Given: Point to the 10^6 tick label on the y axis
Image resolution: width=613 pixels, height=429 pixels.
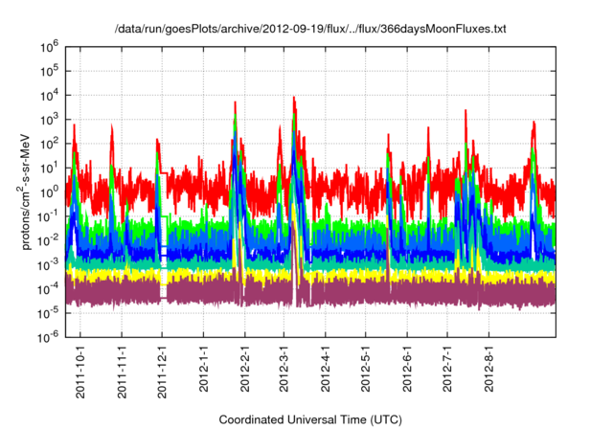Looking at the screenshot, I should tap(50, 45).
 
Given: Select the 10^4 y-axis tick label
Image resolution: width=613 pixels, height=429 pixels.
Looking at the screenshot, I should tap(50, 94).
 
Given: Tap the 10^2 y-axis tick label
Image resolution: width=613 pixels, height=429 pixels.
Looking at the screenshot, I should tap(50, 143).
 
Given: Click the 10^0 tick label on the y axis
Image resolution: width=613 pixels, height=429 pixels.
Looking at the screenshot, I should tap(50, 191).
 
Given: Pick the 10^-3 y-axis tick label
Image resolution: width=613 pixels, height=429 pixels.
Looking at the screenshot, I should tap(48, 263).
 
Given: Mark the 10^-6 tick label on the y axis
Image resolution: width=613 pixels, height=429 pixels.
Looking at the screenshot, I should tap(48, 336).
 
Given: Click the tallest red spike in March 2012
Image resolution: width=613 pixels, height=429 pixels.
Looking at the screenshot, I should tap(294, 98).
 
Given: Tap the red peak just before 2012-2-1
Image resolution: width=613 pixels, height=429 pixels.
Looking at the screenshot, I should tap(236, 102).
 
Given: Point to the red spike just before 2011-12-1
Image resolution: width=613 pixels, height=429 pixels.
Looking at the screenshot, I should tap(158, 140).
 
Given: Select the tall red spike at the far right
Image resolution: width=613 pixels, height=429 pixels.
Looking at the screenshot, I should tap(534, 123).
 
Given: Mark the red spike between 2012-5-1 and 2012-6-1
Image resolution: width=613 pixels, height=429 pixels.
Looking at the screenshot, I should tap(388, 136).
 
